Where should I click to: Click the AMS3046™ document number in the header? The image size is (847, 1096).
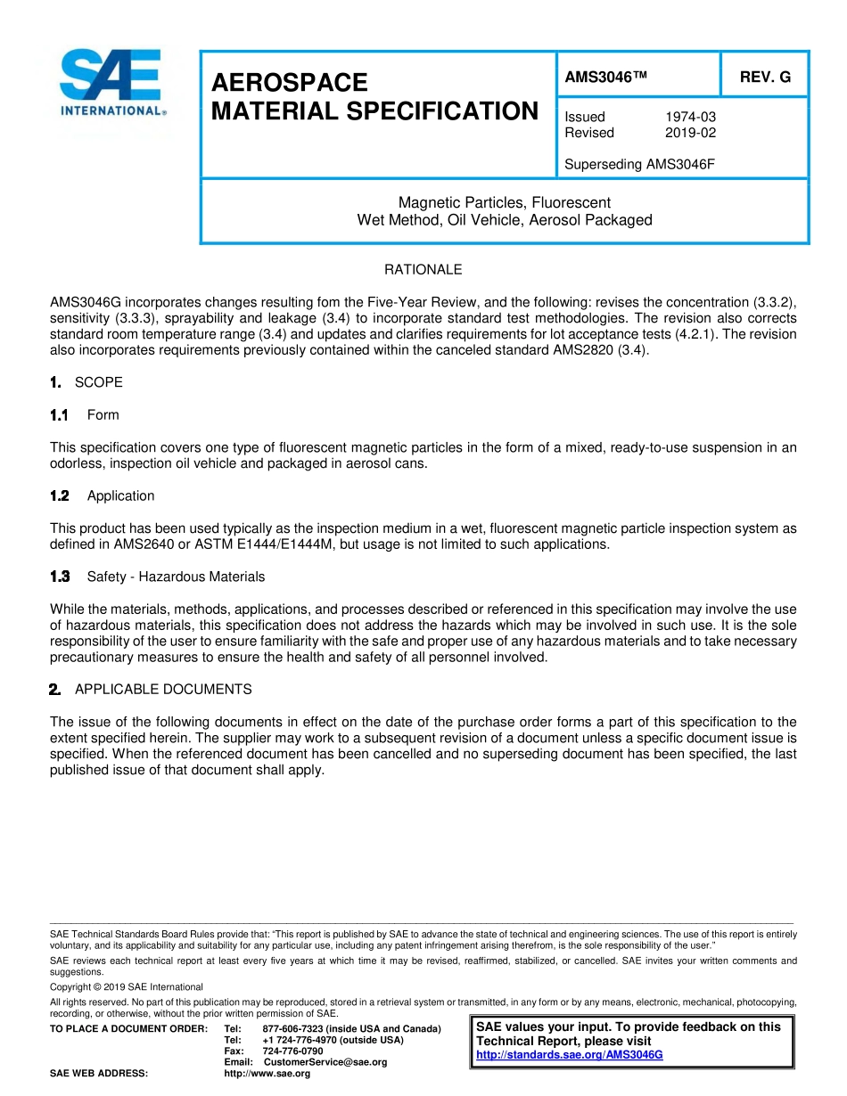pyautogui.click(x=605, y=77)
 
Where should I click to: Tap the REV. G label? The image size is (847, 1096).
pyautogui.click(x=765, y=77)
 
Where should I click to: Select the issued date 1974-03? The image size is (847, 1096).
pyautogui.click(x=690, y=117)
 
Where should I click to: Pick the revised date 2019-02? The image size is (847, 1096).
pyautogui.click(x=690, y=133)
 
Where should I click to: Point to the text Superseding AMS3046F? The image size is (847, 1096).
pyautogui.click(x=640, y=164)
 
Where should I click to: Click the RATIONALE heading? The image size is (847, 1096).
pyautogui.click(x=423, y=269)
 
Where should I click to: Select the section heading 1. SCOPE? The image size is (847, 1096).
pyautogui.click(x=87, y=382)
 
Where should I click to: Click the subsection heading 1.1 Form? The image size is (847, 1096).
pyautogui.click(x=86, y=415)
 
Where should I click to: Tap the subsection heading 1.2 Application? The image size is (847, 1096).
pyautogui.click(x=103, y=496)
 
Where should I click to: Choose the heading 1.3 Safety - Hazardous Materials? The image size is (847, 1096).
pyautogui.click(x=159, y=577)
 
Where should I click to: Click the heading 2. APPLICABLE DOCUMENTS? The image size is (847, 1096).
pyautogui.click(x=152, y=690)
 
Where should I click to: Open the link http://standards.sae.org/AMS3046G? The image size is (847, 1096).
pyautogui.click(x=570, y=1055)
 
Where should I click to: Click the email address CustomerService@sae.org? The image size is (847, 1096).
pyautogui.click(x=325, y=1062)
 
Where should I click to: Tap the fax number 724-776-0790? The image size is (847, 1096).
pyautogui.click(x=292, y=1051)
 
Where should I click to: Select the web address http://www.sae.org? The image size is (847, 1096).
pyautogui.click(x=267, y=1074)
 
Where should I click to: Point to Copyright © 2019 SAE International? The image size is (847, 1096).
pyautogui.click(x=127, y=986)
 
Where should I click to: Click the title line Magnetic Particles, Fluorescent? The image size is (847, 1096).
pyautogui.click(x=505, y=203)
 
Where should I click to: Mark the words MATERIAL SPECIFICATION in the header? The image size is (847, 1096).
pyautogui.click(x=374, y=111)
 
